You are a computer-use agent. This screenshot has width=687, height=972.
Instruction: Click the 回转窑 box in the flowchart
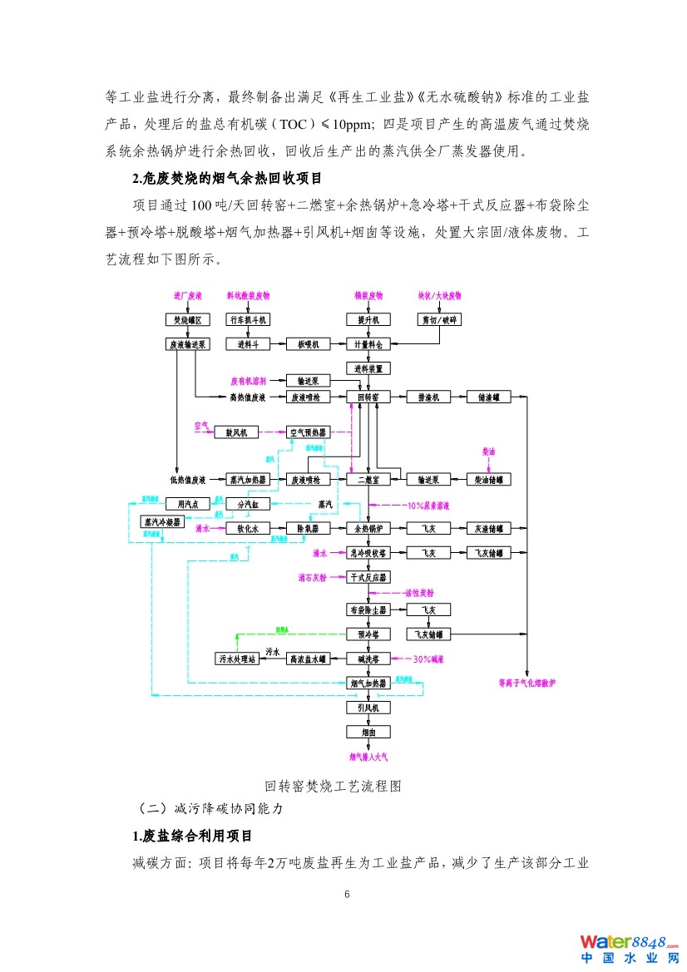[x=368, y=397]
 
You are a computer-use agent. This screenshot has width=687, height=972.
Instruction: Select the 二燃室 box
[x=368, y=479]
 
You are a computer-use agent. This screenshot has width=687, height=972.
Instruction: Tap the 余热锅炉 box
[x=368, y=528]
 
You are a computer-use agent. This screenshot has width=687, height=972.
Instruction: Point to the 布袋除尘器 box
[x=368, y=609]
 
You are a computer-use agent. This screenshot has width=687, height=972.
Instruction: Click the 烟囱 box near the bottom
[x=368, y=733]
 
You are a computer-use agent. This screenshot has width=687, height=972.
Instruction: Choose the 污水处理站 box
[x=237, y=659]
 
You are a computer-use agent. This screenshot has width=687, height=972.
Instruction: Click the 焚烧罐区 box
[x=187, y=319]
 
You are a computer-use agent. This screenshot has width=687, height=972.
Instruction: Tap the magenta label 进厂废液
[x=187, y=295]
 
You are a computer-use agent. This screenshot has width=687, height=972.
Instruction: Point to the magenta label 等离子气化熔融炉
[x=532, y=683]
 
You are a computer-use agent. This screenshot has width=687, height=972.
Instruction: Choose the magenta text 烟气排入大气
[x=368, y=757]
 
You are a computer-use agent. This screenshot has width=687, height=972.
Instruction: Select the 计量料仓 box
[x=368, y=343]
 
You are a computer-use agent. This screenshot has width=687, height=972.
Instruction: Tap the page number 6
[x=348, y=895]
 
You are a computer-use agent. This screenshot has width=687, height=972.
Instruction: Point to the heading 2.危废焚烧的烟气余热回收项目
[x=227, y=179]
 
